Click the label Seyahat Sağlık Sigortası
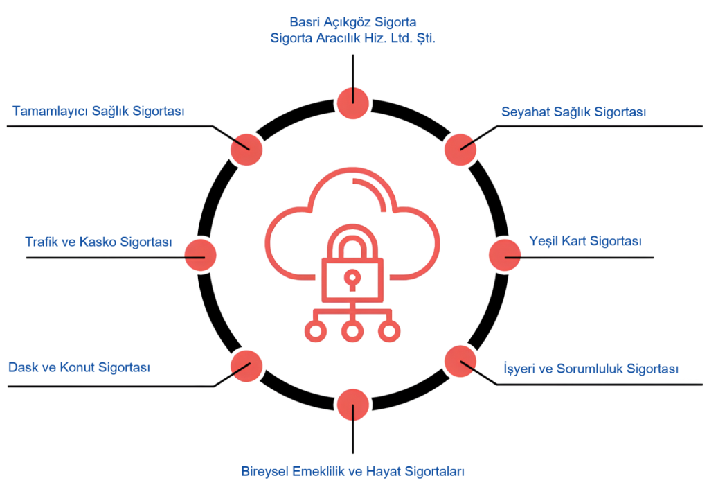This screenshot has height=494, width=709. point(573,112)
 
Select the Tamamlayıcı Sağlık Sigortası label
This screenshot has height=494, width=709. point(98,111)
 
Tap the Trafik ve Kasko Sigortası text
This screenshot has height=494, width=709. point(98,242)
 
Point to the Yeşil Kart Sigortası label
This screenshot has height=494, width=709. point(585,241)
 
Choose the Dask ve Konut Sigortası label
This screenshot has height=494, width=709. point(79,367)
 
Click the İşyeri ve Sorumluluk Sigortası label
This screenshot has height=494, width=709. point(590,369)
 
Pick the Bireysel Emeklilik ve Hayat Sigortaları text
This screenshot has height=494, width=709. point(352,472)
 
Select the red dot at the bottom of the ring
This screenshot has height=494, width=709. point(352,405)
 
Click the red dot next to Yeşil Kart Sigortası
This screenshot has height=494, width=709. point(505,255)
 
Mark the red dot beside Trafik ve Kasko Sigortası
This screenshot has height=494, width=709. point(200,255)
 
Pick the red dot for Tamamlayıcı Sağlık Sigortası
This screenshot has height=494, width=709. point(246,148)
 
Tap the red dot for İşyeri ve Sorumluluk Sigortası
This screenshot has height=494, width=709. point(459,361)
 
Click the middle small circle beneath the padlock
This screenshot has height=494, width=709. point(352,332)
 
